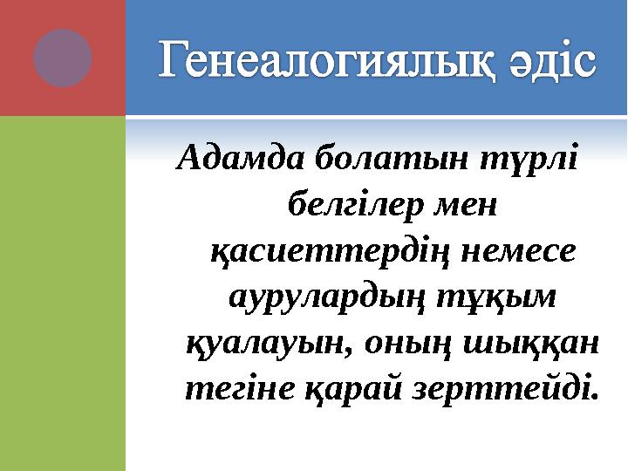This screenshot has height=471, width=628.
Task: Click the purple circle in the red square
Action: tap(63, 58)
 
